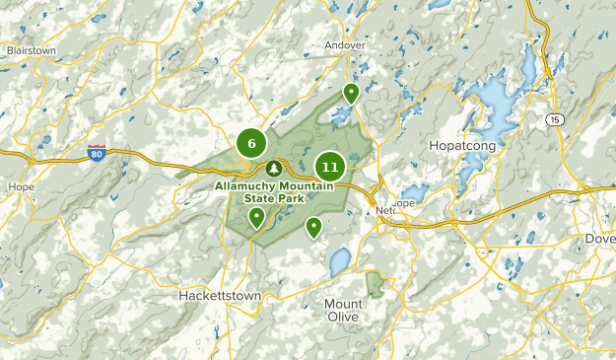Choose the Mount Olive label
343,311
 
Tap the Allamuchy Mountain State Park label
274,191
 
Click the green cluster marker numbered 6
251,144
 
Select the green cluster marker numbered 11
329,167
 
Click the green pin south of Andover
351,94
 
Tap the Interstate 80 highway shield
96,154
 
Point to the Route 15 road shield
556,118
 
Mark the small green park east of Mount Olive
376,285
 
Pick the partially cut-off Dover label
600,238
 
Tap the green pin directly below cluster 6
256,217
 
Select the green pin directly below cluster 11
313,227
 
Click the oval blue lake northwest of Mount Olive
339,262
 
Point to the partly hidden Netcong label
388,211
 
